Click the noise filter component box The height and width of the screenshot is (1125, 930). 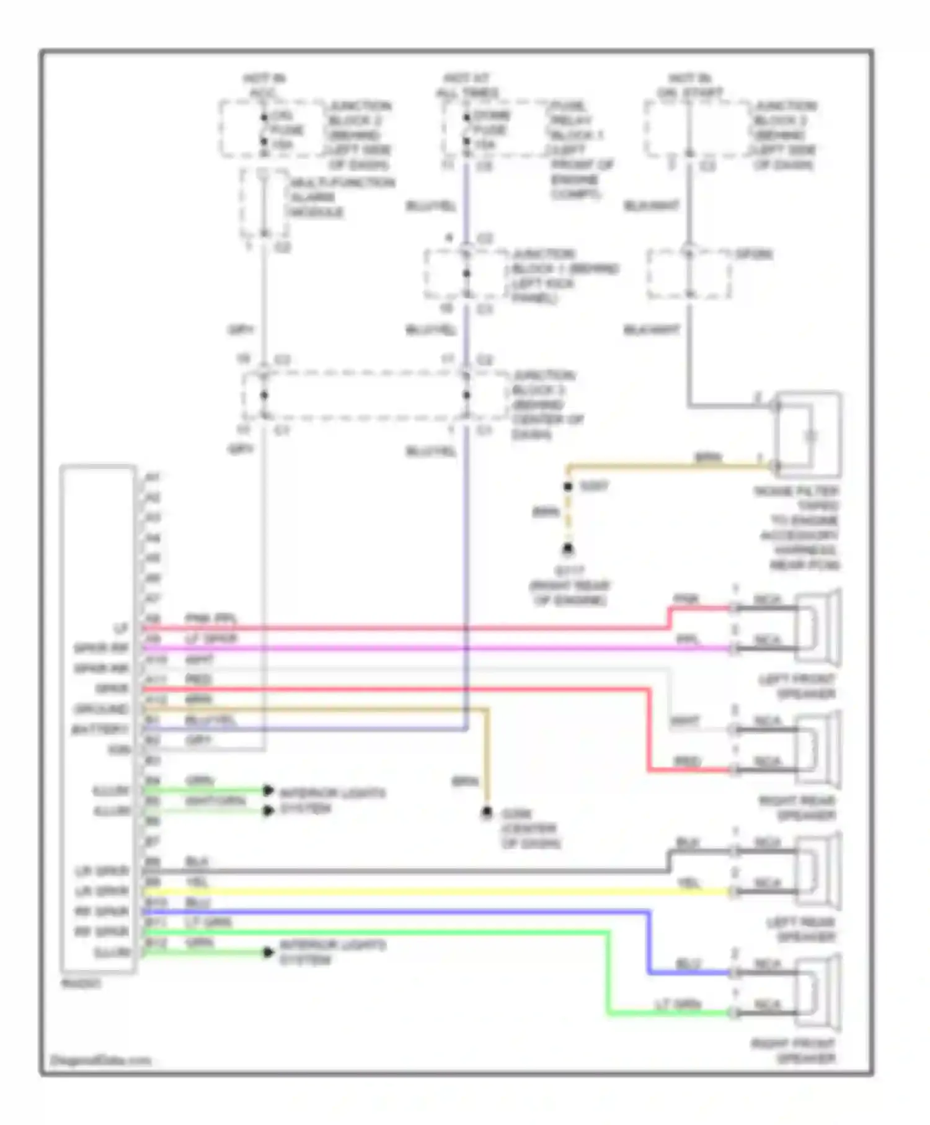click(808, 434)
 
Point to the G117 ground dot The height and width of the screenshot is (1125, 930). click(567, 548)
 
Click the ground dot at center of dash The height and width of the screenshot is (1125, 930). click(487, 812)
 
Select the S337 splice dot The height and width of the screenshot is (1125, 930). click(568, 487)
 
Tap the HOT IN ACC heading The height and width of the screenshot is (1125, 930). click(263, 86)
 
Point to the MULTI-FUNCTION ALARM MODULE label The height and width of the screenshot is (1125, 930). click(341, 197)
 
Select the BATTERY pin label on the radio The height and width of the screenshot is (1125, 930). click(100, 729)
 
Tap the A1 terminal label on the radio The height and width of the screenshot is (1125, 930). click(153, 478)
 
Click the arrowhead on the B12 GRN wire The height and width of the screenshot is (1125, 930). click(268, 953)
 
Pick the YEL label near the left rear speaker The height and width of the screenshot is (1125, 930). click(689, 883)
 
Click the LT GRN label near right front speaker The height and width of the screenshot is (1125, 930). click(678, 1003)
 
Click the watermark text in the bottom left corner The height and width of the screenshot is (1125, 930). click(100, 1061)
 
